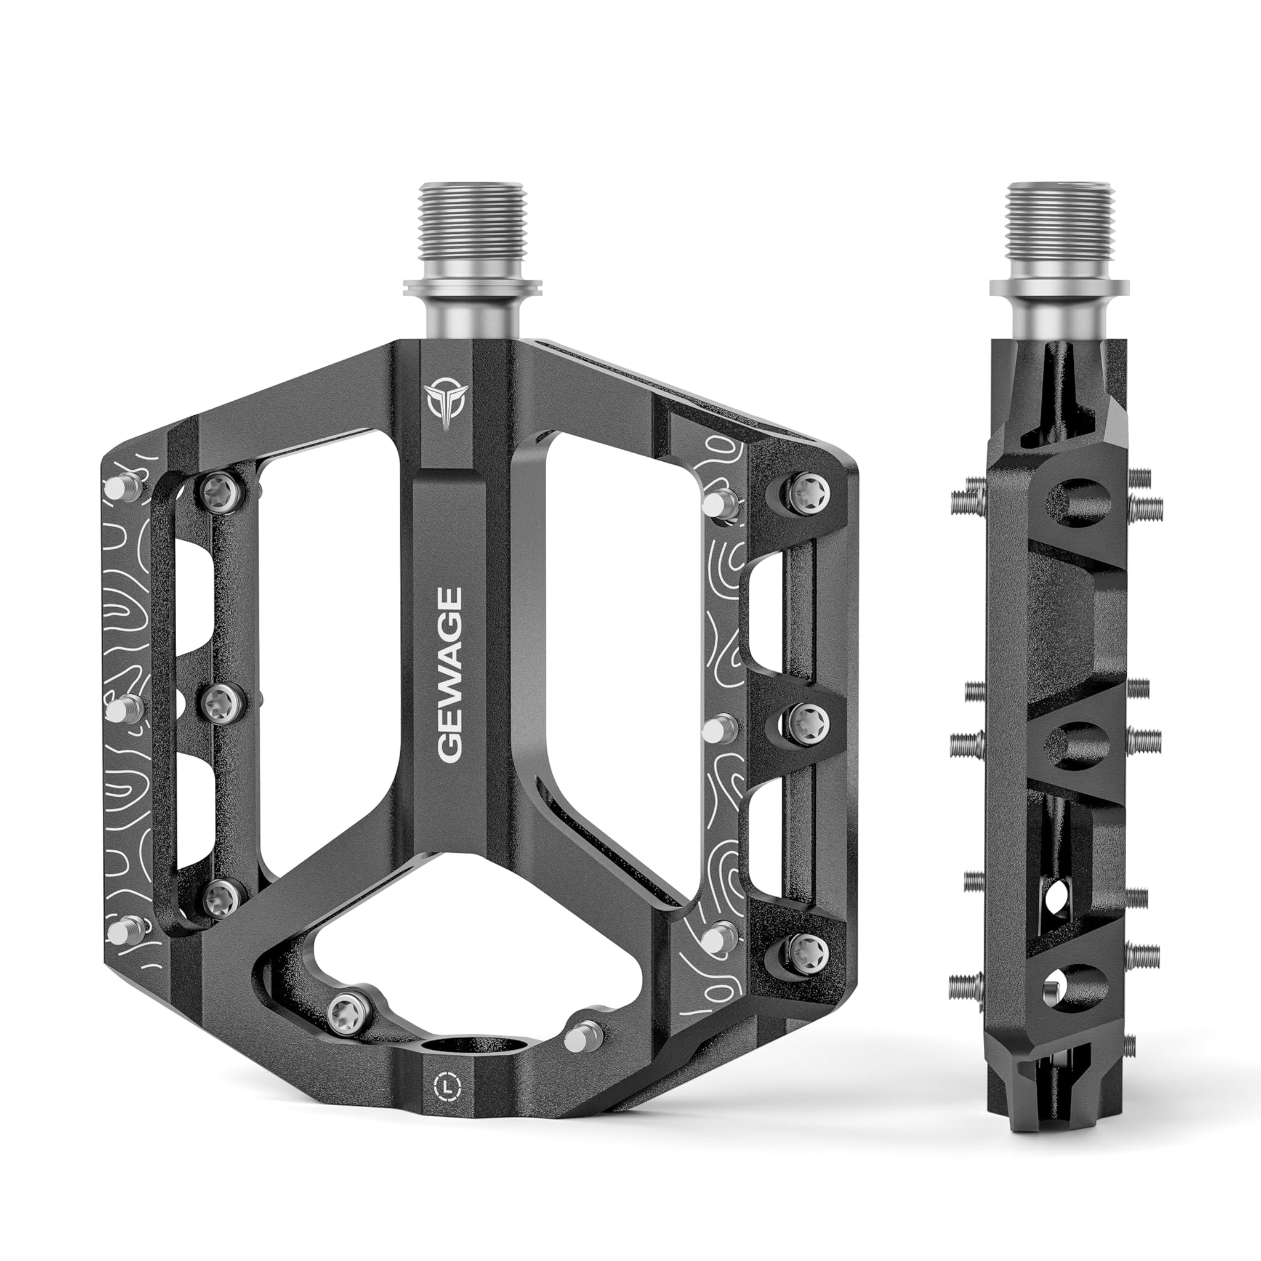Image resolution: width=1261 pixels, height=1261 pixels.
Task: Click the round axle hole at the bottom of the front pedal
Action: click(470, 1047)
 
